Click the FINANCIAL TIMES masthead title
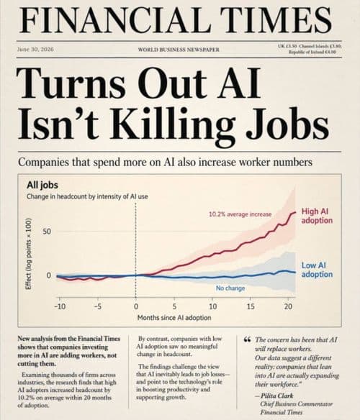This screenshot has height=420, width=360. coord(176,20)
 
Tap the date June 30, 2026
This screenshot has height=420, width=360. coord(35,49)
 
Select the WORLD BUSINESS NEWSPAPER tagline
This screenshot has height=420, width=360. coord(179,50)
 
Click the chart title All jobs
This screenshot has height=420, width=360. coord(42,185)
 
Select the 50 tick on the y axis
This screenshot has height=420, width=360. coord(47,231)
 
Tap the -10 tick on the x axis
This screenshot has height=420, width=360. coord(60,306)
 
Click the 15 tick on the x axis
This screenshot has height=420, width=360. coord(251,306)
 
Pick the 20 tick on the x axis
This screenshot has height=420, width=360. coord(288,306)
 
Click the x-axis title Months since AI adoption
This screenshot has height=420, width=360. coord(174,318)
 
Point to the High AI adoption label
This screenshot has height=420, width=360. coord(317,216)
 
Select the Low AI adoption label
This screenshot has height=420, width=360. coord(317,270)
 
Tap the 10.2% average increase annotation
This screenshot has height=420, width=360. coord(240,214)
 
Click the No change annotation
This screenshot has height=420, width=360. coord(230,288)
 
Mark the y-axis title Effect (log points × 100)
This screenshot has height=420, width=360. coord(28,254)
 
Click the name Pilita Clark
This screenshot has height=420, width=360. coord(277,396)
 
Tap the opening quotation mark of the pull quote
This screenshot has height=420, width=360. coord(247,340)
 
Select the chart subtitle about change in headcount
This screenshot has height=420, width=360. coord(87,196)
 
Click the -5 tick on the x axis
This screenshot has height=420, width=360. coord(98,306)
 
